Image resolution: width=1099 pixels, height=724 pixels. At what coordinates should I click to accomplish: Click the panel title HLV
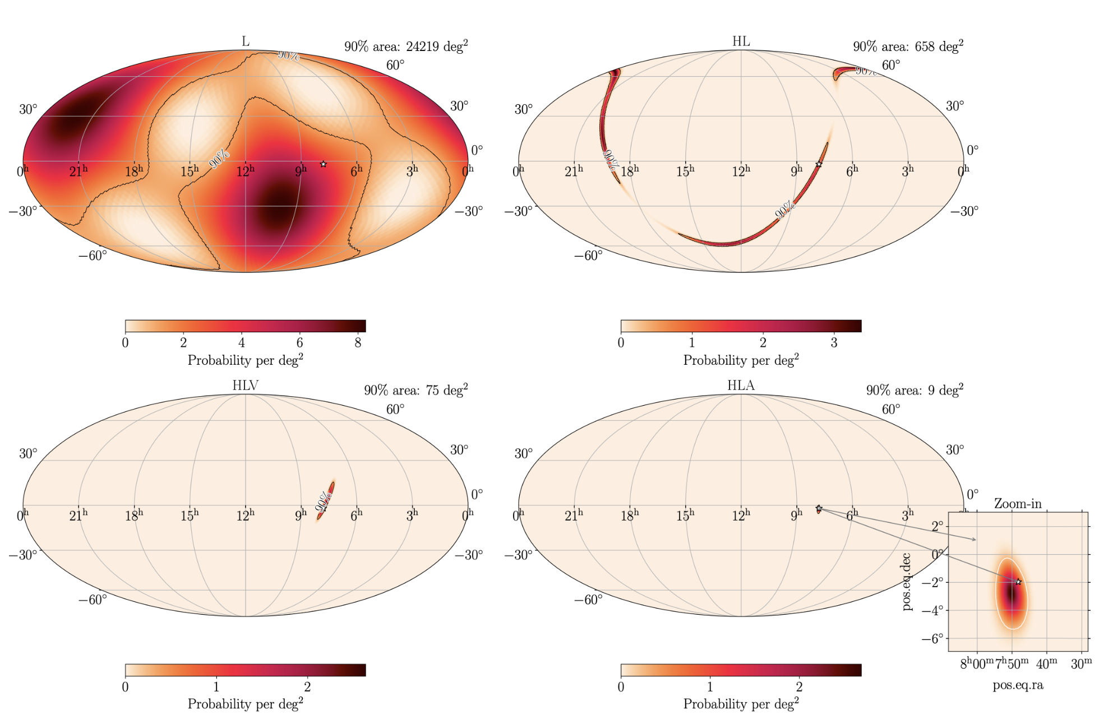pyautogui.click(x=245, y=386)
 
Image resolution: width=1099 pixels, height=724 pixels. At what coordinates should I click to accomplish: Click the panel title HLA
pyautogui.click(x=741, y=386)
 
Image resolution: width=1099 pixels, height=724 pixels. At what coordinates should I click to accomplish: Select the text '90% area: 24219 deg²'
pyautogui.click(x=406, y=46)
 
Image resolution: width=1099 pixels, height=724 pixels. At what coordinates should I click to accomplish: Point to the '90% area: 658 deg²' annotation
pyautogui.click(x=908, y=46)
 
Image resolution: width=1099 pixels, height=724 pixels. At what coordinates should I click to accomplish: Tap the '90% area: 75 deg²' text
pyautogui.click(x=415, y=390)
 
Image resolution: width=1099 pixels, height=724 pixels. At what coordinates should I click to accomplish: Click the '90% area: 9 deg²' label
pyautogui.click(x=915, y=390)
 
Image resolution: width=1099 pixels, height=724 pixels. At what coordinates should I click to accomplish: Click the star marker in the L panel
pyautogui.click(x=324, y=164)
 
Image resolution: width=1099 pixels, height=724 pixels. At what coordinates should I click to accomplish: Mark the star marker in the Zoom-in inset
pyautogui.click(x=1018, y=582)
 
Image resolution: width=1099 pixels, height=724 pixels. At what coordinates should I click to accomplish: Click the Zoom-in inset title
pyautogui.click(x=1018, y=504)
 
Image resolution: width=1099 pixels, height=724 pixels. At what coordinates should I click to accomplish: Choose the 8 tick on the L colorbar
pyautogui.click(x=358, y=342)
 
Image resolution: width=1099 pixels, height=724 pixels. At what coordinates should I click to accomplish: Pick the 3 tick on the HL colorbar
pyautogui.click(x=834, y=342)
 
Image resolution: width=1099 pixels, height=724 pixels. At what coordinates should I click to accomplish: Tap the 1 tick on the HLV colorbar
pyautogui.click(x=216, y=686)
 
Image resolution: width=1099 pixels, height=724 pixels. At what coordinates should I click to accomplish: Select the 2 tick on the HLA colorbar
pyautogui.click(x=799, y=686)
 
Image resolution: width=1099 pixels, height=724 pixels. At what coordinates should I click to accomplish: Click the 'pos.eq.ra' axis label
pyautogui.click(x=1018, y=685)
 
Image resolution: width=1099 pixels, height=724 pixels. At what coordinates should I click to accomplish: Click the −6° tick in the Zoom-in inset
pyautogui.click(x=934, y=638)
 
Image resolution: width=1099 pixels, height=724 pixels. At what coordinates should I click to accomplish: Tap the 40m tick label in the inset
pyautogui.click(x=1046, y=663)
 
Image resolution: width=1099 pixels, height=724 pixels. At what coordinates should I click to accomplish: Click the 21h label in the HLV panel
pyautogui.click(x=78, y=515)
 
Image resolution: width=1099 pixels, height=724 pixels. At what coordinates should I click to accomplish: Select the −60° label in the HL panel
pyautogui.click(x=588, y=256)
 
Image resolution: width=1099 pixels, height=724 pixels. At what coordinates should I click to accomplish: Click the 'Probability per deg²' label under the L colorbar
pyautogui.click(x=245, y=360)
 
